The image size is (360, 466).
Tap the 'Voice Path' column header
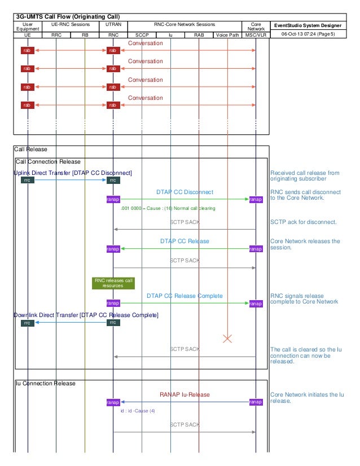[227, 34]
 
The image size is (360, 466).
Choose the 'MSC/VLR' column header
[256, 34]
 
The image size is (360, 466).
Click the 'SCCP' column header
[142, 34]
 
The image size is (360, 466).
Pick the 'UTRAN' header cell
[113, 25]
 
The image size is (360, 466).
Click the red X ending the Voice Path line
[227, 338]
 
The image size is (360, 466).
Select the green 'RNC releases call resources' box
[113, 283]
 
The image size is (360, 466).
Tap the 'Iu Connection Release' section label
[46, 384]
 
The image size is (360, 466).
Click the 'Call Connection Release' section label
[49, 162]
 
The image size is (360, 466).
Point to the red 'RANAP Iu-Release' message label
[185, 394]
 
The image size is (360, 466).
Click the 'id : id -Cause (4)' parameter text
[138, 411]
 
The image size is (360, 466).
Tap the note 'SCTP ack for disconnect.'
[304, 222]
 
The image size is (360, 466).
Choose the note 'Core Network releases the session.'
[305, 244]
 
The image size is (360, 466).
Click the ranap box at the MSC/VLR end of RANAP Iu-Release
[256, 402]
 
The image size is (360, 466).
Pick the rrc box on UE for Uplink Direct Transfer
[27, 181]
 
